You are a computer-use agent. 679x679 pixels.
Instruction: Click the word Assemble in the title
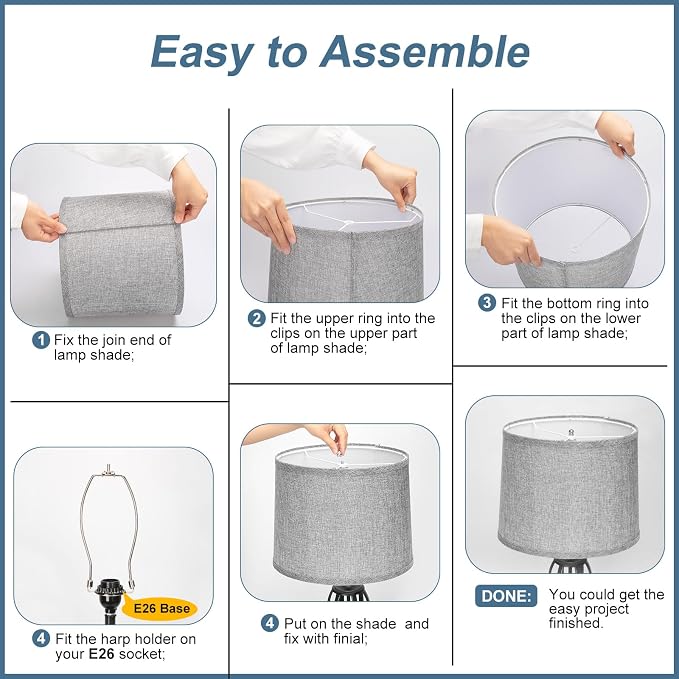[x=424, y=51]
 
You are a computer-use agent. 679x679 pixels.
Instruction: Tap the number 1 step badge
[x=41, y=340]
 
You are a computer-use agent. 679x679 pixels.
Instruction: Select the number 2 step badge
[x=256, y=319]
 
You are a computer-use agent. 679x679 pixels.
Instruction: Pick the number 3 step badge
[x=487, y=303]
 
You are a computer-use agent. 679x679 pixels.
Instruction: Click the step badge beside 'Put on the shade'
[x=269, y=624]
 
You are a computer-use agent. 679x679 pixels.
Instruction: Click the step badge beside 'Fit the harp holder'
[x=41, y=639]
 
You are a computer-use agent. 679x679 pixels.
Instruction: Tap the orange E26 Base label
[x=160, y=608]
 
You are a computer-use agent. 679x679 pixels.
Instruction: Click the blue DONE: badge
[x=506, y=596]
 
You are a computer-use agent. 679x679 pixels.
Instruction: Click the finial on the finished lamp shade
[x=571, y=432]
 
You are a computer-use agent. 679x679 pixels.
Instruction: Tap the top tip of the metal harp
[x=108, y=466]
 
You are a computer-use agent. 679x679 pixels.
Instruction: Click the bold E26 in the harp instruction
[x=101, y=654]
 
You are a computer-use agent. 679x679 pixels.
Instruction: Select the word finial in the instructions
[x=350, y=639]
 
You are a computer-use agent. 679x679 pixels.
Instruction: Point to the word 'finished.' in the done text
[x=576, y=623]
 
